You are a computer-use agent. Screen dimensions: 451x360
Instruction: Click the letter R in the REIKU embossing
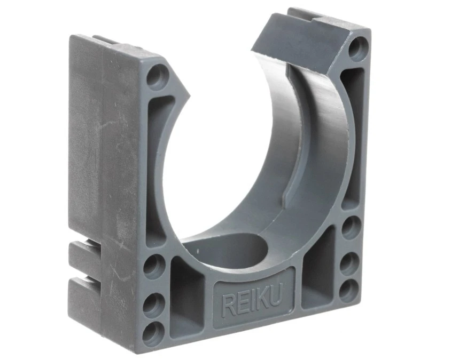(228, 306)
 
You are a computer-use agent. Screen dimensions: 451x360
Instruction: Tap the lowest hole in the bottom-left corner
(153, 334)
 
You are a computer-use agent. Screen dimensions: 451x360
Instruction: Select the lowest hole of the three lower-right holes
(349, 291)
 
